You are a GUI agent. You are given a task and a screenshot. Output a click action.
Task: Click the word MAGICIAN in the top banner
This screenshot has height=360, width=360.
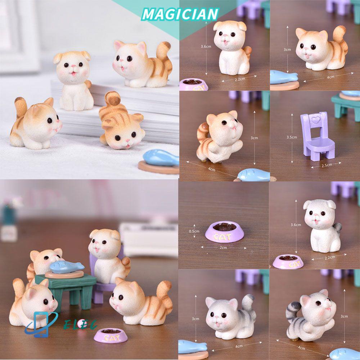click(180, 14)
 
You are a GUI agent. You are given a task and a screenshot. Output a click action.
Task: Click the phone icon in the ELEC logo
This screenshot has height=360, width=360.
click(39, 324)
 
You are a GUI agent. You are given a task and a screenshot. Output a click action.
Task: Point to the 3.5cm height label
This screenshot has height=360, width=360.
click(292, 137)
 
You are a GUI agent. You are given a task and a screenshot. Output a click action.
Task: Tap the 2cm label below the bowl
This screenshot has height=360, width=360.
click(223, 247)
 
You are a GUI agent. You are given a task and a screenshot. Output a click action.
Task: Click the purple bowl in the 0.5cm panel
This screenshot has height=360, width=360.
click(224, 232)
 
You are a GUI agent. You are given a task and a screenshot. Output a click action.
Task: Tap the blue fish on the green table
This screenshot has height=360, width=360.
click(67, 267)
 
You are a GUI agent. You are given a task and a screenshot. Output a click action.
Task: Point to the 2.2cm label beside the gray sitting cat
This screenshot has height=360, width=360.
click(329, 257)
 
